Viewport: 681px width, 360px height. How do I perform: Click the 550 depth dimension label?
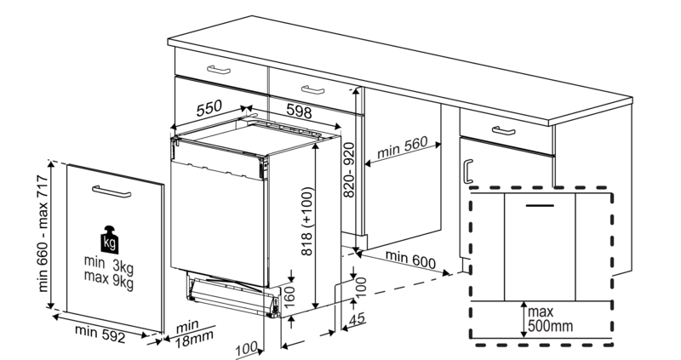point(209,109)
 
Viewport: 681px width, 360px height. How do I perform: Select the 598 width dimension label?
point(299,111)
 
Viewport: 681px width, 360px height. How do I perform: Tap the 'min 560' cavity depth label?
point(402,147)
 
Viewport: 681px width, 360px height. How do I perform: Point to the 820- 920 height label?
point(349,170)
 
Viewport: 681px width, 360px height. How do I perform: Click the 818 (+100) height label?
point(306,221)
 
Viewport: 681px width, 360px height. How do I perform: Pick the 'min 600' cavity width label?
point(410,260)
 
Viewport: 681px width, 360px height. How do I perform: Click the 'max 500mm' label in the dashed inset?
point(550,319)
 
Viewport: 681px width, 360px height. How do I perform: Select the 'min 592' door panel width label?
point(100,334)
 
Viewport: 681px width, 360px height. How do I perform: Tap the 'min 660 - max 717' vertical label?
point(44,233)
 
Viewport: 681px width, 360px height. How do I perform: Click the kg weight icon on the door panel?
point(109,240)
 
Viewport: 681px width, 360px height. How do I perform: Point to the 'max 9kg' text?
point(109,279)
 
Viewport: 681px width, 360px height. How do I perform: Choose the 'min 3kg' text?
point(109,264)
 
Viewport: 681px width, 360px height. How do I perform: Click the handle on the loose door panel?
point(112,191)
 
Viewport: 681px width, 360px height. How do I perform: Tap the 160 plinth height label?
point(289,297)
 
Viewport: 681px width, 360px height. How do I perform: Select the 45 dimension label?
point(357,319)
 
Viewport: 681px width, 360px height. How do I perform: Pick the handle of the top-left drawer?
point(220,70)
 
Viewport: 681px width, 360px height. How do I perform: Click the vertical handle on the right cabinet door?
point(468,172)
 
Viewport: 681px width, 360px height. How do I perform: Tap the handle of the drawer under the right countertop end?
point(503,130)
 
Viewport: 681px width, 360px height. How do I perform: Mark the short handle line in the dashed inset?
point(540,205)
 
